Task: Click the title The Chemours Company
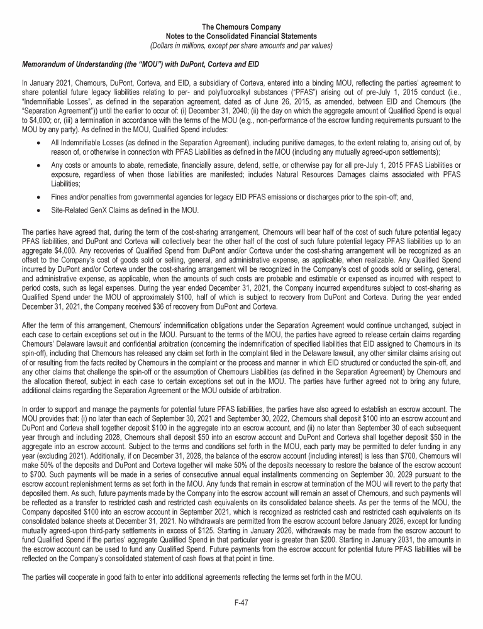point(241,27)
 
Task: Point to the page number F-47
point(241,602)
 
